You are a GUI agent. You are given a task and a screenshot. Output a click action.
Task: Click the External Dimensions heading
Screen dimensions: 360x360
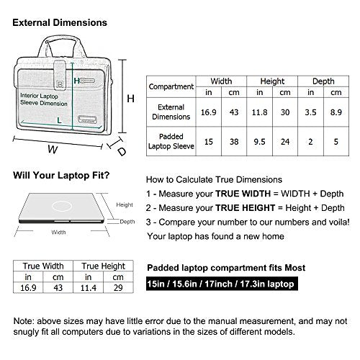(x=60, y=22)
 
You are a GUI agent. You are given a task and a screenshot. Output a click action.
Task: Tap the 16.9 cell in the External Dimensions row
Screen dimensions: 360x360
(x=208, y=112)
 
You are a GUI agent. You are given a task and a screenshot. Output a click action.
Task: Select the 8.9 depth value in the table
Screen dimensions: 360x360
(x=336, y=112)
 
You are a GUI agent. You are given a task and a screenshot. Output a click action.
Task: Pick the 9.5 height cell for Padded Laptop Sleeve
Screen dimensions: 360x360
(x=259, y=142)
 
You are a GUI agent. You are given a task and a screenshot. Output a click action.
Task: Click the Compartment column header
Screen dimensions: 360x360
(x=171, y=86)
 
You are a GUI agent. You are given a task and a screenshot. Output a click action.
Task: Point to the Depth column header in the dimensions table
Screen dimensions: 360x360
(x=323, y=81)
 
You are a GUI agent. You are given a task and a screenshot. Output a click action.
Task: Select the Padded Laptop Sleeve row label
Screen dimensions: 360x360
(x=171, y=141)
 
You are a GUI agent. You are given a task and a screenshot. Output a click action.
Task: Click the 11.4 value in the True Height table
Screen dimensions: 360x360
(x=88, y=287)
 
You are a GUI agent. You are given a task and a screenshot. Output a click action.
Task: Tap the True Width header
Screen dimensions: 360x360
(x=43, y=266)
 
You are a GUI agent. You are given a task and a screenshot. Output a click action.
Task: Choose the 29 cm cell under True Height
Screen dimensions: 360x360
(x=118, y=287)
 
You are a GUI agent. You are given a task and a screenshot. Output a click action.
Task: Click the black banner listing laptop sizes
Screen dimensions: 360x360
(x=222, y=284)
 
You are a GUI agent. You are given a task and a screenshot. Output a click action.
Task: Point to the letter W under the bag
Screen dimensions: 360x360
(x=53, y=149)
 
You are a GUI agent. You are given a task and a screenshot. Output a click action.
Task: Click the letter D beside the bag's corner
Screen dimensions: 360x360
(x=122, y=151)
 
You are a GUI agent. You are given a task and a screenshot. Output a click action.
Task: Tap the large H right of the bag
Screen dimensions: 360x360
(x=130, y=99)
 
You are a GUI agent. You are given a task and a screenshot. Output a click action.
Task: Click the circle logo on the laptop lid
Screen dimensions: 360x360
(x=62, y=206)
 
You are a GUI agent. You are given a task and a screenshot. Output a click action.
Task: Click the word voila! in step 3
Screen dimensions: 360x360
(x=339, y=222)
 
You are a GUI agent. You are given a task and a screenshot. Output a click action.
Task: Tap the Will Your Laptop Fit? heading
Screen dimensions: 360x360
(x=61, y=175)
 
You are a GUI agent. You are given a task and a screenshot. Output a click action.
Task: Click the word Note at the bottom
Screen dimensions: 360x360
(x=23, y=321)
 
